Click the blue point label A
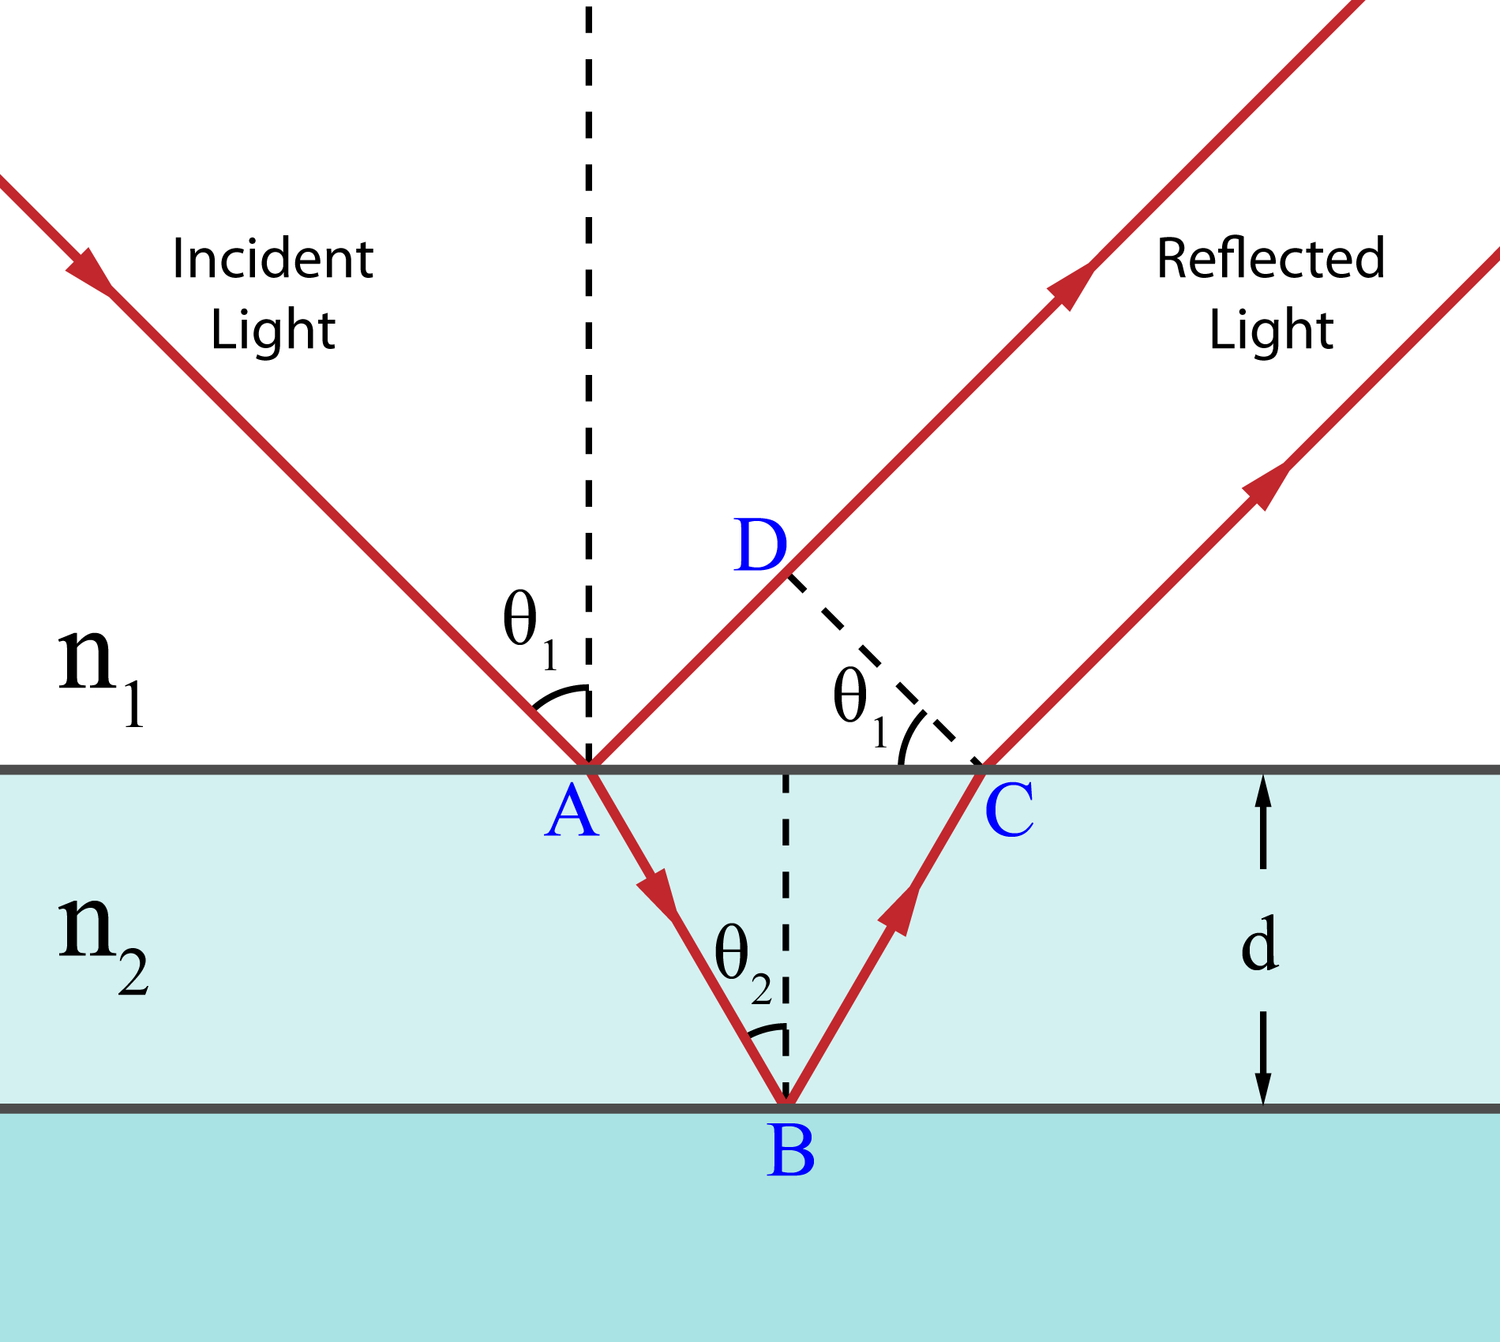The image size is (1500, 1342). click(572, 812)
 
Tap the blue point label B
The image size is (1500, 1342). click(790, 1151)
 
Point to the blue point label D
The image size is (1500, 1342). click(760, 545)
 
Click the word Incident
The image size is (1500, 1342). click(272, 258)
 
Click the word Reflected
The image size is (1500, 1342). click(1270, 258)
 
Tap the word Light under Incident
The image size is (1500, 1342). click(273, 329)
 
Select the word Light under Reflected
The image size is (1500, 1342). click(1271, 329)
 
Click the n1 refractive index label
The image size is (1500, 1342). click(101, 675)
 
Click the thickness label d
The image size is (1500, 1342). click(1259, 943)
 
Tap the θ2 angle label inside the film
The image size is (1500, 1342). click(743, 964)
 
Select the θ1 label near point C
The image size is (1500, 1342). click(861, 705)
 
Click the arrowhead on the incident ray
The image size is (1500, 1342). click(90, 273)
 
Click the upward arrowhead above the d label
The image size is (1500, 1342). click(1263, 790)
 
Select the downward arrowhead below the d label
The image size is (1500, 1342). click(1263, 1089)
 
